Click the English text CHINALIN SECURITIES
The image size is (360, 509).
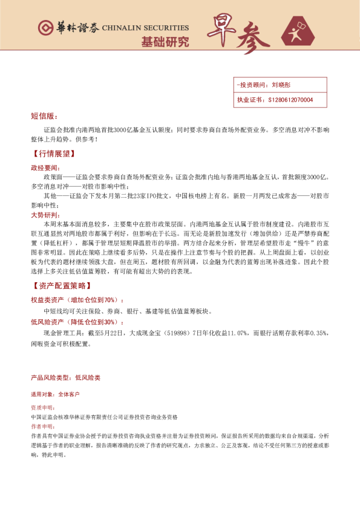point(145,28)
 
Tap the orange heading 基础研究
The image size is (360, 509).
point(165,42)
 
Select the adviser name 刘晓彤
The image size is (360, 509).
point(281,85)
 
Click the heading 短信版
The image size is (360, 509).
point(43,115)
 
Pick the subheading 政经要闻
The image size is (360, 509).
point(45,167)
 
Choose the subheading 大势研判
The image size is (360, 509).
point(45,215)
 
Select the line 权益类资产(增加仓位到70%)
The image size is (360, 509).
point(77,300)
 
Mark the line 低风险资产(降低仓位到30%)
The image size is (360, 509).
point(77,322)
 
